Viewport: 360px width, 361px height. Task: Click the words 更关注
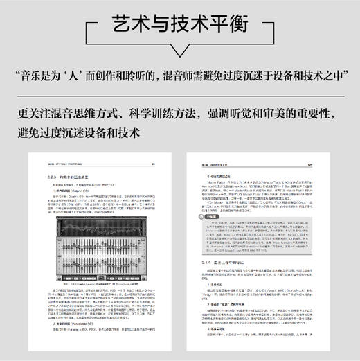click(35, 114)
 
